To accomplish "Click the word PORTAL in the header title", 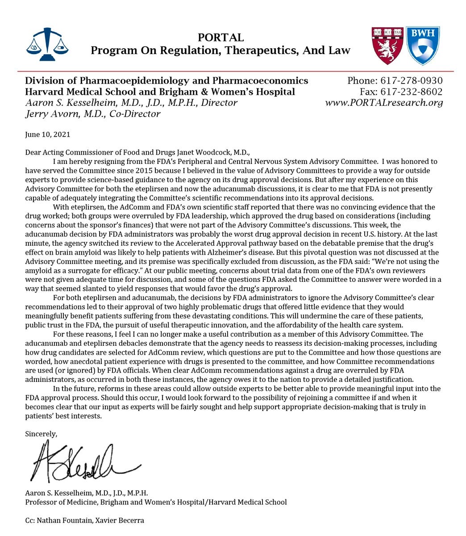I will point(221,38).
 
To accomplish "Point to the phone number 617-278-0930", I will point(411,81).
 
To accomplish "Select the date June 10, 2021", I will point(48,134).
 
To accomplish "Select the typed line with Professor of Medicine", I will point(156,502).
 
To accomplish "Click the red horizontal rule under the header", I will point(236,71).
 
